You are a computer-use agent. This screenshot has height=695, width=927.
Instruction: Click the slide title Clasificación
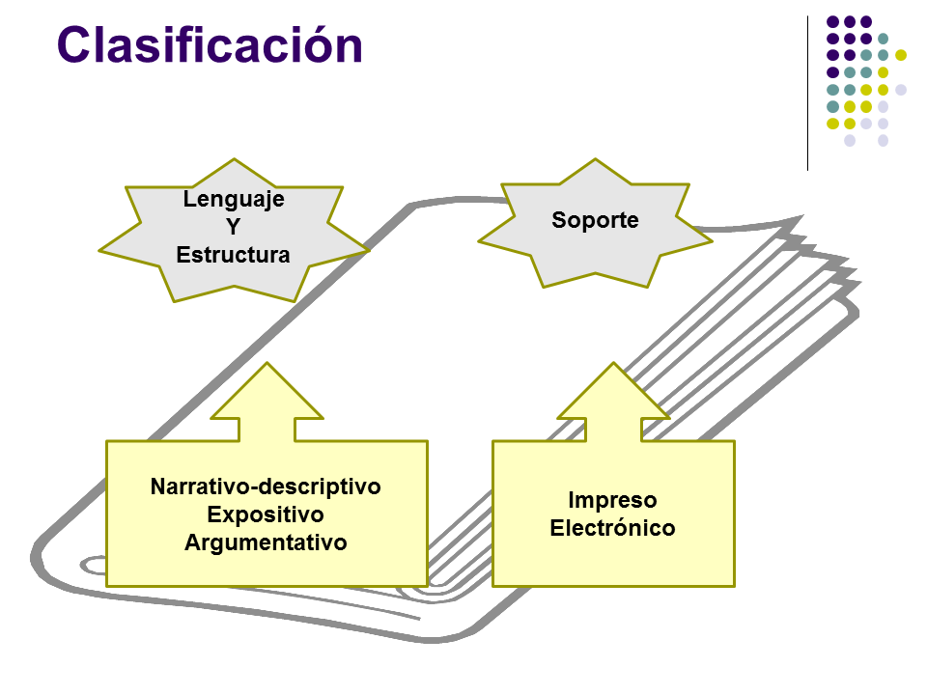210,44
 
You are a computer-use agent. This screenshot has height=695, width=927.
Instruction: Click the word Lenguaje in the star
234,199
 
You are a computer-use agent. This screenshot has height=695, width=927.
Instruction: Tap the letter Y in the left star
234,226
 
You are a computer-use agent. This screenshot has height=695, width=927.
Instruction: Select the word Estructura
233,255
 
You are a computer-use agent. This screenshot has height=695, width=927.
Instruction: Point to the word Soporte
596,220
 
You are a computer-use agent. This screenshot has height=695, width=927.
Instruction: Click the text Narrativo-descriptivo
266,486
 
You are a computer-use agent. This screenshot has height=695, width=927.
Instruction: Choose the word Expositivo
266,514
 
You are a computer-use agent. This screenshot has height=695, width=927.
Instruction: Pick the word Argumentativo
266,542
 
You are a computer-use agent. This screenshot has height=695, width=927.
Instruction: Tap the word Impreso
612,500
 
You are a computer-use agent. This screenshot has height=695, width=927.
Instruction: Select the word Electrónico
612,528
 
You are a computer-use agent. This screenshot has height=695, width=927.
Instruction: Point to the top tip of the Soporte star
595,159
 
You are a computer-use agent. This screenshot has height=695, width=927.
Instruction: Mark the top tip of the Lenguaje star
234,159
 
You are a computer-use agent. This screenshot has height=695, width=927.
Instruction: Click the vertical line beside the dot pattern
807,94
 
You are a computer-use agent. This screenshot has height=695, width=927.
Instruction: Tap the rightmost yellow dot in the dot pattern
900,56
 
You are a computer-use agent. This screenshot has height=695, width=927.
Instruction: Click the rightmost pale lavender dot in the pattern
900,90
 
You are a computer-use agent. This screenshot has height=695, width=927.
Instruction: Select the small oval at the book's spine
94,566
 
